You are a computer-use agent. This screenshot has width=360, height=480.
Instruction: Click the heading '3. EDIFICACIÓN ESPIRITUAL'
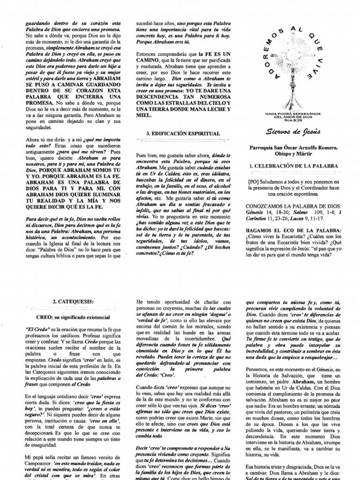tap(178, 133)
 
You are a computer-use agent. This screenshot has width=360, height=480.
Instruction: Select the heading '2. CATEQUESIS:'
tap(74, 303)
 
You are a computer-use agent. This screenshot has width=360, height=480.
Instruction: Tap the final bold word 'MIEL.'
tap(144, 115)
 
